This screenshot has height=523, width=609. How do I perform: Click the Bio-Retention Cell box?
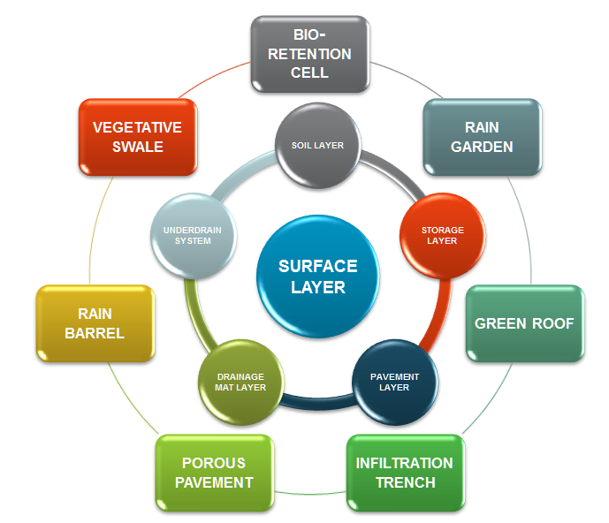pyautogui.click(x=309, y=54)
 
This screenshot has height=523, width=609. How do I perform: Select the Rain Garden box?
pyautogui.click(x=482, y=137)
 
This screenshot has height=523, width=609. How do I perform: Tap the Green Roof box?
pyautogui.click(x=524, y=323)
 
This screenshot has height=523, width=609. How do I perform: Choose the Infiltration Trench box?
pyautogui.click(x=404, y=473)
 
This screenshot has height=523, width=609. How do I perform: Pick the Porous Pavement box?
pyautogui.click(x=214, y=473)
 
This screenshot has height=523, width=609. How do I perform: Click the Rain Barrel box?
pyautogui.click(x=95, y=323)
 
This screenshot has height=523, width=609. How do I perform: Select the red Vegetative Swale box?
pyautogui.click(x=137, y=137)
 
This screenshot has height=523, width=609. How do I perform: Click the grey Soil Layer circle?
pyautogui.click(x=318, y=145)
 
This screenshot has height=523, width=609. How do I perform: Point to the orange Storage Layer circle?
pyautogui.click(x=442, y=236)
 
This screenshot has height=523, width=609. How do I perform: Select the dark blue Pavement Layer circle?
pyautogui.click(x=394, y=382)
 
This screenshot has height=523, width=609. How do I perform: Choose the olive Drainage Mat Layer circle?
pyautogui.click(x=239, y=382)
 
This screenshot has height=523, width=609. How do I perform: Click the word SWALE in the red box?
pyautogui.click(x=137, y=147)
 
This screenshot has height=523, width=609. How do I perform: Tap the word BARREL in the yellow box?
pyautogui.click(x=95, y=333)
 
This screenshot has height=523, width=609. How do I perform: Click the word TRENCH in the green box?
pyautogui.click(x=405, y=482)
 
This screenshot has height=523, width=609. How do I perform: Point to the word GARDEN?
pyautogui.click(x=482, y=147)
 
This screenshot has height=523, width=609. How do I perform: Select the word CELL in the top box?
pyautogui.click(x=309, y=72)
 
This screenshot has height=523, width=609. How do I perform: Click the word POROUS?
pyautogui.click(x=214, y=463)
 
